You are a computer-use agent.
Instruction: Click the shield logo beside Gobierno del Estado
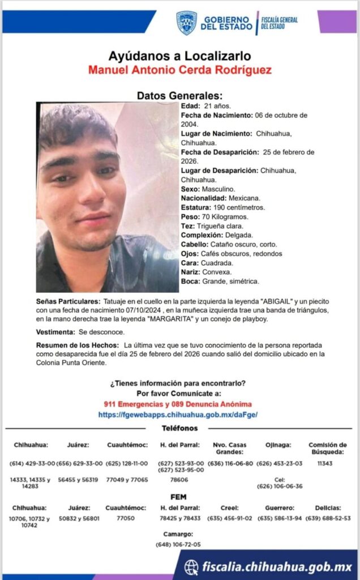[186, 23]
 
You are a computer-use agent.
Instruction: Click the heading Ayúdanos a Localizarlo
[179, 56]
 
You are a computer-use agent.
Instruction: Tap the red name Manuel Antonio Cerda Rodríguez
[179, 70]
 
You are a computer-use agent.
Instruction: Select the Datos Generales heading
[179, 96]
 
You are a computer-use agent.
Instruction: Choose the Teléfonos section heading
[179, 428]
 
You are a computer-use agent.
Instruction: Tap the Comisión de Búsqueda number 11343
[325, 463]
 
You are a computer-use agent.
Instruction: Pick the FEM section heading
[179, 496]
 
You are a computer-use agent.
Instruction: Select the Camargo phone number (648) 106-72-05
[178, 545]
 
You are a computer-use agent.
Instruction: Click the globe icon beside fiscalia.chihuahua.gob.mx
[192, 567]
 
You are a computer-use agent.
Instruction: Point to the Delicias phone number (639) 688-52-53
[328, 518]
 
